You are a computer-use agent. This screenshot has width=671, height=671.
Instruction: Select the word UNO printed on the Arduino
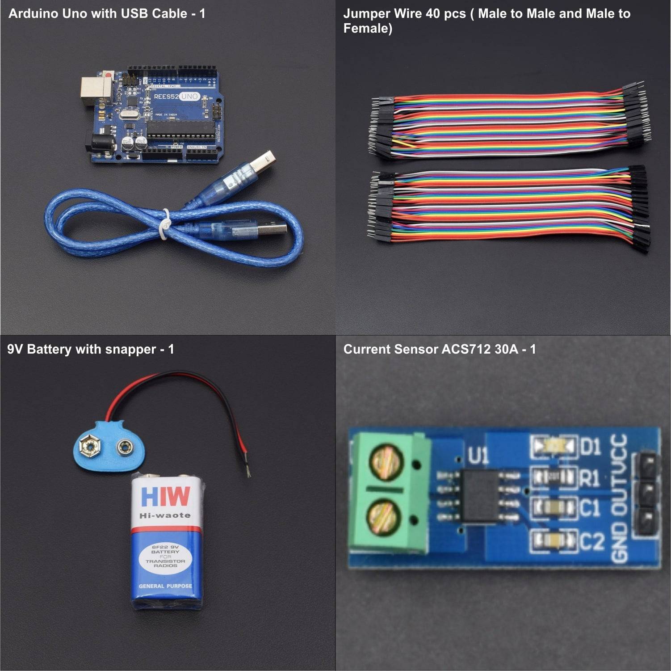189,96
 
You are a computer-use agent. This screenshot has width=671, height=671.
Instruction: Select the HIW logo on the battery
165,497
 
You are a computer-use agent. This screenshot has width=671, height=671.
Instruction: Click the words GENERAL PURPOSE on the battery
165,586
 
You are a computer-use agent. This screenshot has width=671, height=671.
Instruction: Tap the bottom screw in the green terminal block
385,518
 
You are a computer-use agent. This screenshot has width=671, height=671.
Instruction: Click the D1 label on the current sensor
591,446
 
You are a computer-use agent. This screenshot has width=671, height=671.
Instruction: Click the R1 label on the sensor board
590,478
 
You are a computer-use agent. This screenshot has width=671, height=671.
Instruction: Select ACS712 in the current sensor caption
466,349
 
